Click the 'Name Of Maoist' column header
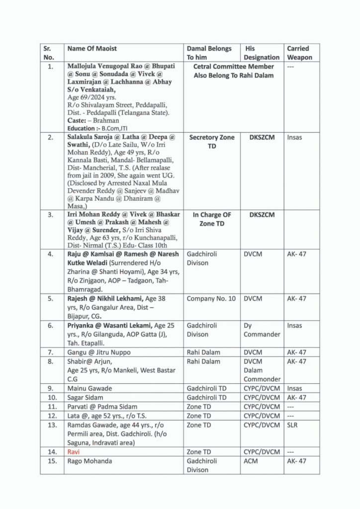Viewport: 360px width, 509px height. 92,49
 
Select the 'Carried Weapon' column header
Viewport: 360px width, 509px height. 299,53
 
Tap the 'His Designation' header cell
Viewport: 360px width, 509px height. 262,53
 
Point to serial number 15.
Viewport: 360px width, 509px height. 50,461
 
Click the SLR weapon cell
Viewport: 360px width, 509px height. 293,425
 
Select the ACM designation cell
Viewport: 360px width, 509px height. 251,461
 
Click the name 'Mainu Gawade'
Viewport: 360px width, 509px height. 90,388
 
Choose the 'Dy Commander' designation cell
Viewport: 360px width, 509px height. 262,330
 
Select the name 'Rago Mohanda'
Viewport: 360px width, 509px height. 90,461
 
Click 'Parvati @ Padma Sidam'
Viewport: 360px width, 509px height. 102,407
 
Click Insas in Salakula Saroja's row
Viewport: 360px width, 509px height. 294,137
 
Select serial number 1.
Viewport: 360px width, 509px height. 50,66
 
